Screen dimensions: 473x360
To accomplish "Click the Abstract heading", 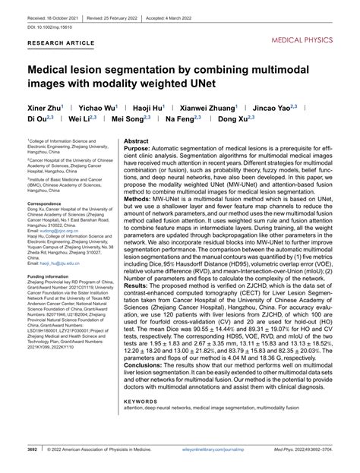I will coord(136,142).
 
